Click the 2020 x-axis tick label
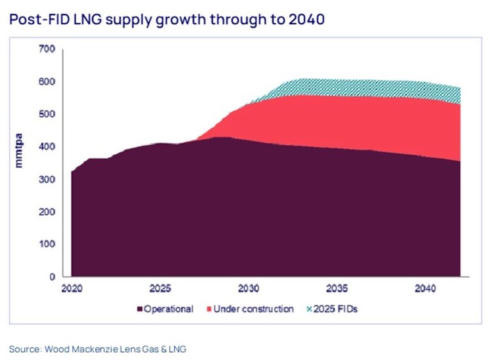pos(71,289)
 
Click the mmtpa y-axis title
pos(18,149)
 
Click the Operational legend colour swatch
pos(139,309)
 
